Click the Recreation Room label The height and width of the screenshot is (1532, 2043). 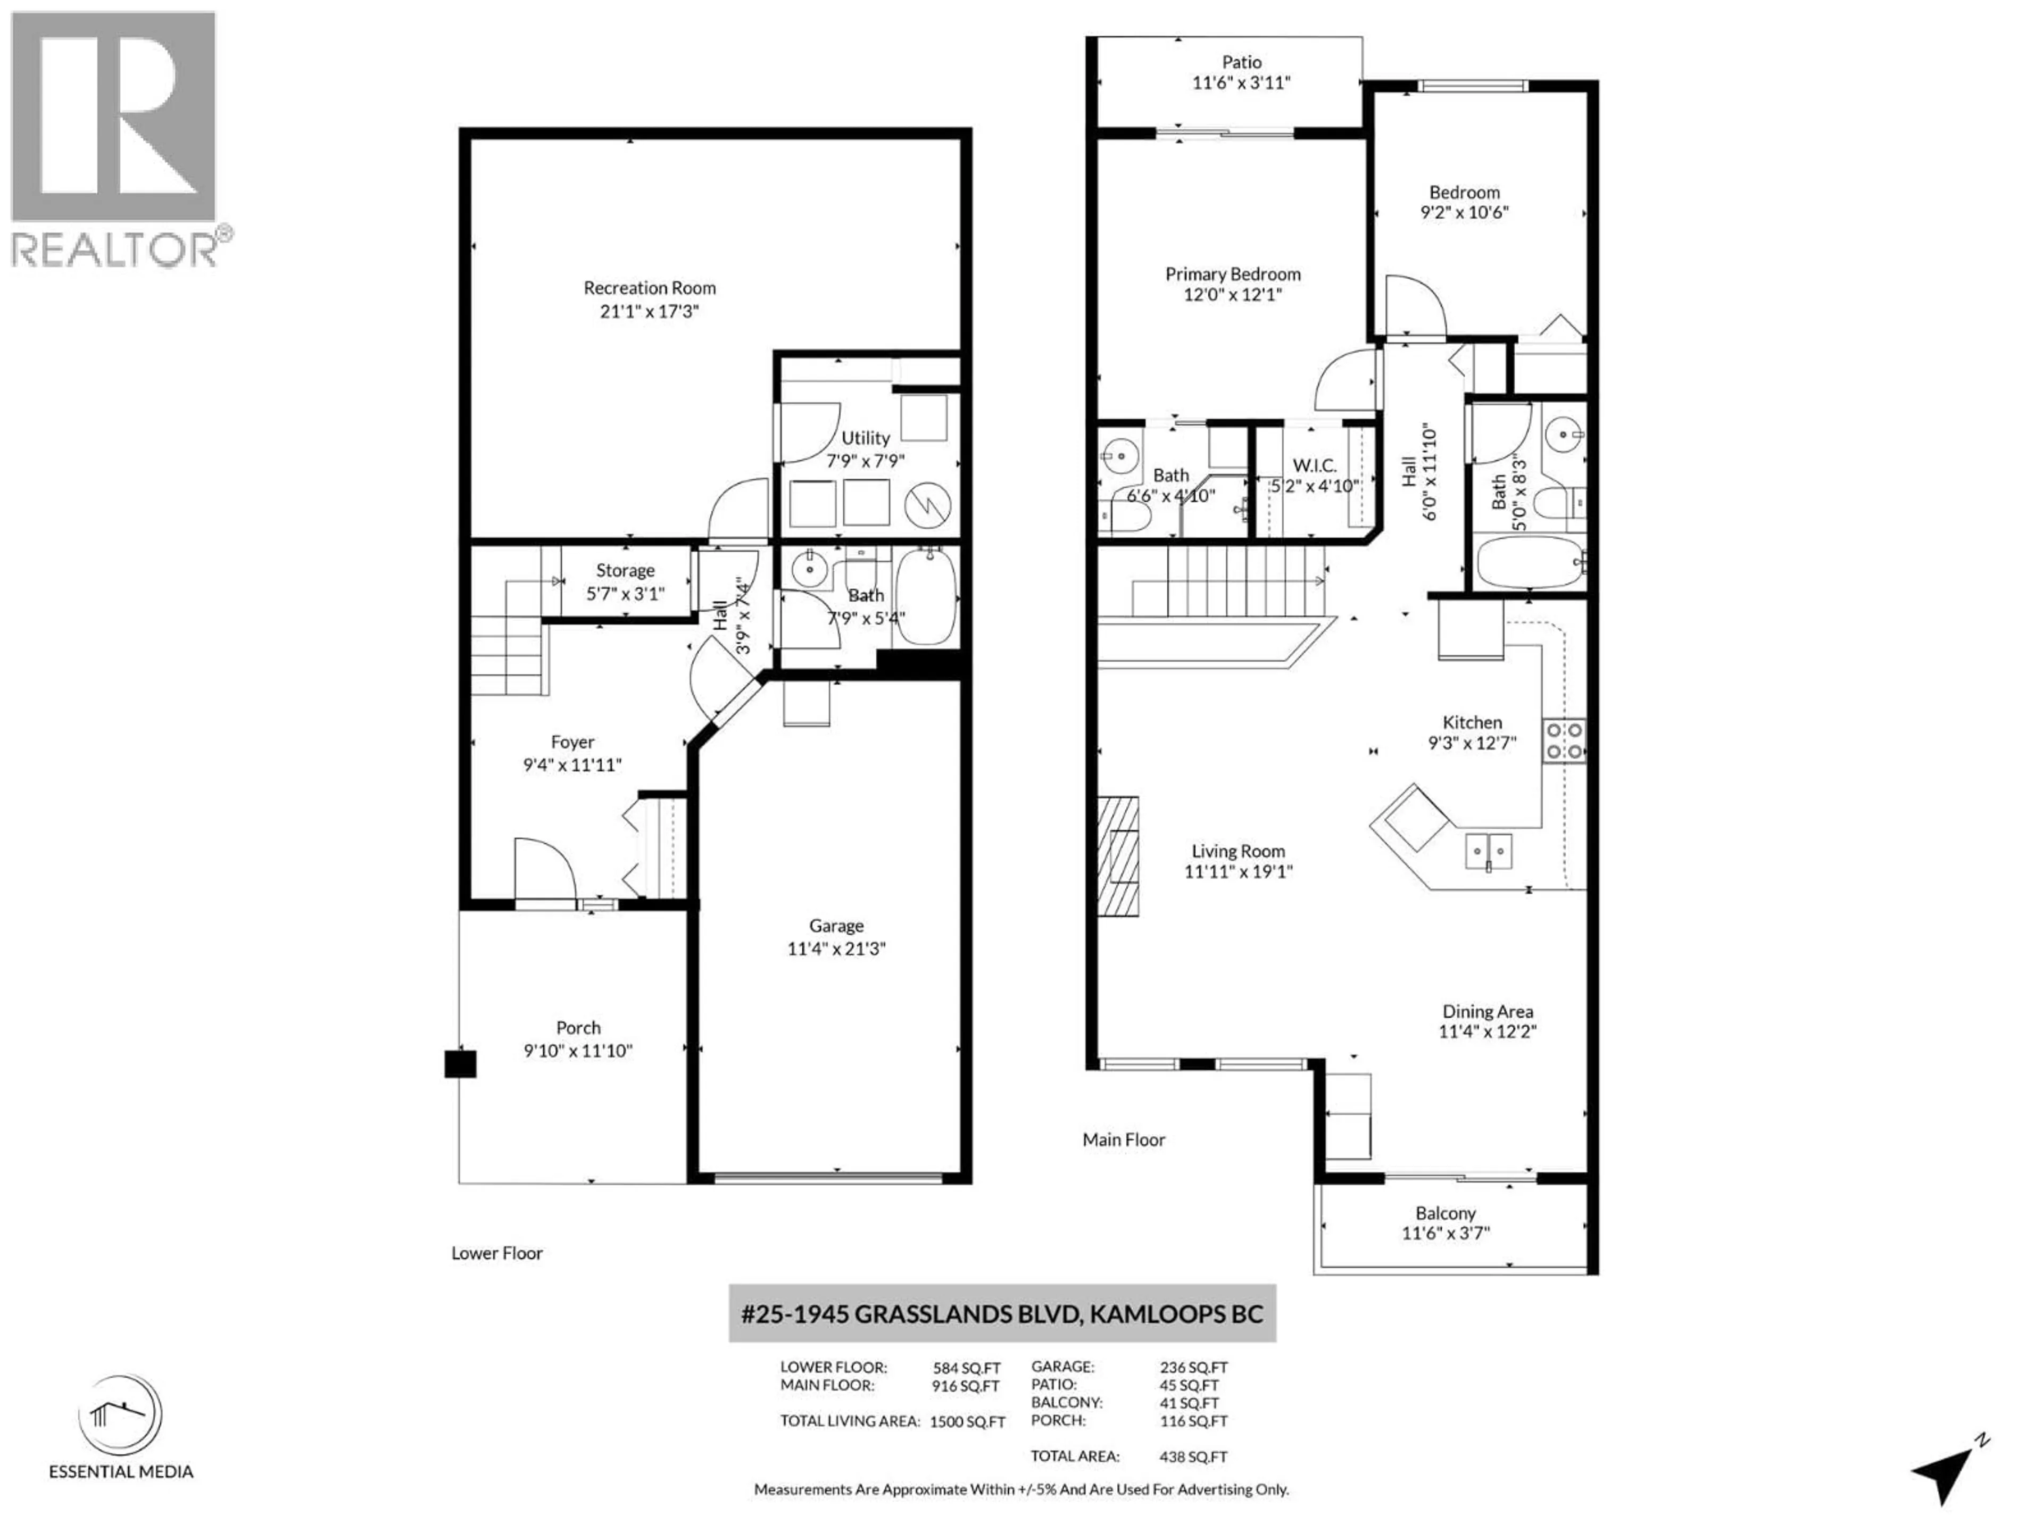[x=649, y=288]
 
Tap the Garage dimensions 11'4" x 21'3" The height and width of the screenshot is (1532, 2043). [x=836, y=948]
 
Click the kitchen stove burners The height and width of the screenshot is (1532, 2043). [x=1564, y=740]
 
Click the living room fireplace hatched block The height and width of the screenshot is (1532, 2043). [x=1118, y=856]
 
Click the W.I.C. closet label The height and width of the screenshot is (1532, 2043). [x=1314, y=465]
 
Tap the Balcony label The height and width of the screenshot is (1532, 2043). [x=1446, y=1213]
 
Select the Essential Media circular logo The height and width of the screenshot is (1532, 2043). [x=120, y=1415]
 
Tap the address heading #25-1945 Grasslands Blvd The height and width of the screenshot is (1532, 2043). [x=1002, y=1314]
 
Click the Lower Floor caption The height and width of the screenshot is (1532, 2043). [x=497, y=1253]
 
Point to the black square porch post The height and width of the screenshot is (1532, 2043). [x=460, y=1064]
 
